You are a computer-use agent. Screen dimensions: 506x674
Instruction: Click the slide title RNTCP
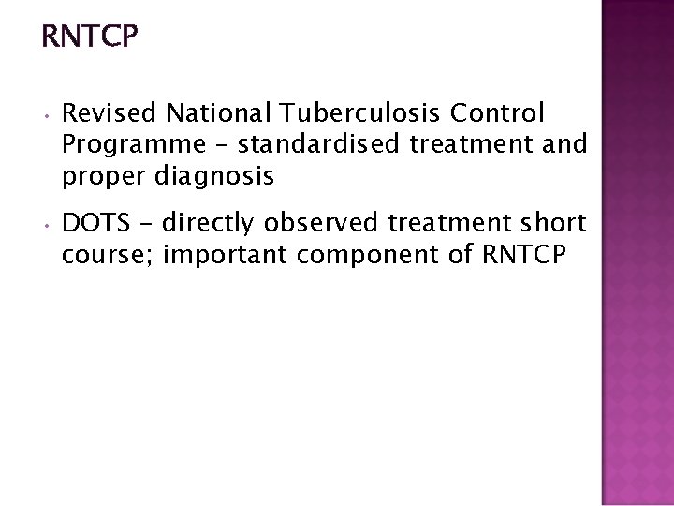click(x=91, y=37)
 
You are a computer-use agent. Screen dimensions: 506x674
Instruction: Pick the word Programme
click(x=124, y=144)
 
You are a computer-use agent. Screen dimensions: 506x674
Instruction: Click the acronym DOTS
click(x=93, y=224)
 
